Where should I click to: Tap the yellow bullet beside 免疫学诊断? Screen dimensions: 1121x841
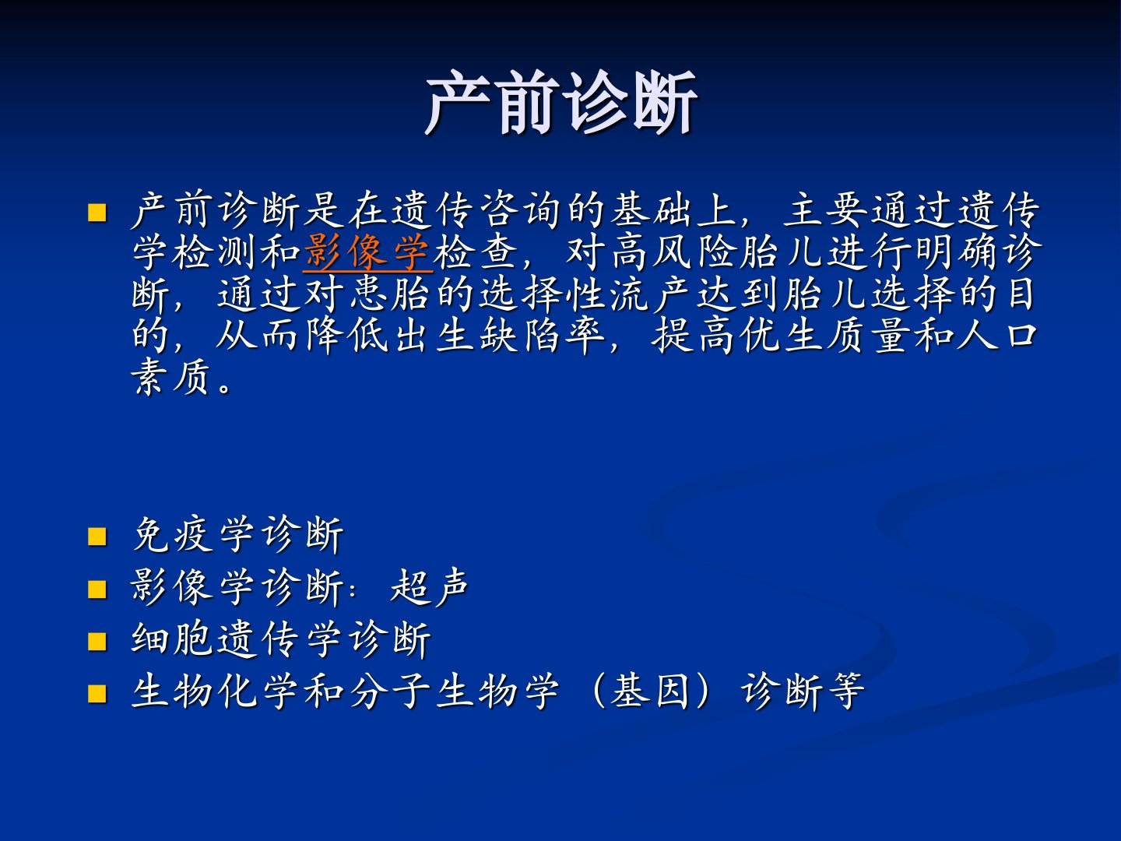pos(97,537)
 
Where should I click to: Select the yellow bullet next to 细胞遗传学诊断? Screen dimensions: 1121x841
pos(97,642)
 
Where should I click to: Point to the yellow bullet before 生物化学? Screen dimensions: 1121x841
pos(97,694)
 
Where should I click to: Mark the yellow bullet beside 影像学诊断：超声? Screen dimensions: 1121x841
pos(97,589)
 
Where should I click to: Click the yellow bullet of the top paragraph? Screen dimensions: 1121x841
pos(97,213)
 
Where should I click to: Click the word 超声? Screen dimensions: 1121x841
pos(430,587)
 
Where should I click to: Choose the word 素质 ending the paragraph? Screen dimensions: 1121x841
pos(170,378)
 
